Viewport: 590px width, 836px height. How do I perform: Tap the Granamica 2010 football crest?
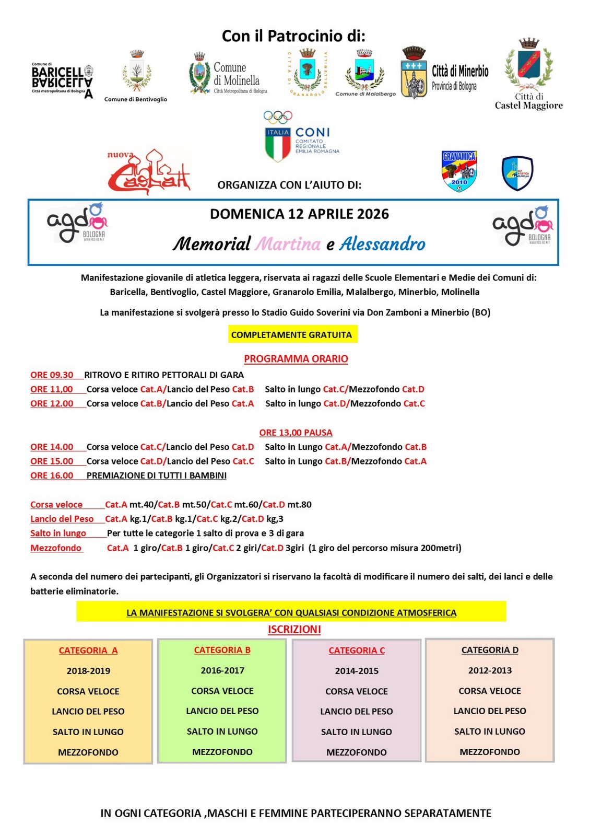tap(459, 171)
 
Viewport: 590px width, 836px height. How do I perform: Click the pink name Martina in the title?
tap(288, 244)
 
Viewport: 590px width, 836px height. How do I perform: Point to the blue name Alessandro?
tap(383, 244)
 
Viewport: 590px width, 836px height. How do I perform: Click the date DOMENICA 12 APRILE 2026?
tap(299, 214)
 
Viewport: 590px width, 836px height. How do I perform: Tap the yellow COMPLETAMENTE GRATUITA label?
tap(292, 334)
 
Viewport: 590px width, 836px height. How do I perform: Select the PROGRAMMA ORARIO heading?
tap(296, 359)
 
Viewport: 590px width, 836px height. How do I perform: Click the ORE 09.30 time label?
tap(52, 375)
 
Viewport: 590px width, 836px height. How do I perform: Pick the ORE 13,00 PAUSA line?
tap(296, 433)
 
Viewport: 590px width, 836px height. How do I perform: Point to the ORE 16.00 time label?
tap(52, 475)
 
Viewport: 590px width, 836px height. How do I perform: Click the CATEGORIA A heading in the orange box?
tap(88, 651)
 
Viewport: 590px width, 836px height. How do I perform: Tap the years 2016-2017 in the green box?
tap(222, 670)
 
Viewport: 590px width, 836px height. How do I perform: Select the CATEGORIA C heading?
tap(357, 651)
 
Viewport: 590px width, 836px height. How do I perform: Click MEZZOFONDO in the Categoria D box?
tap(490, 752)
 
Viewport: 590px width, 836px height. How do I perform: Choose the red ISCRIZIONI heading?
tap(294, 630)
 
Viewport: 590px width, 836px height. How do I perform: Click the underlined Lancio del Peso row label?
tap(62, 519)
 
